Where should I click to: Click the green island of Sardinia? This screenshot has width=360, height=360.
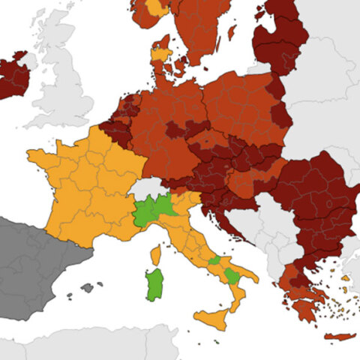[154, 284]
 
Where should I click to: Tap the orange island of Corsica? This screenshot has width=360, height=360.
[156, 256]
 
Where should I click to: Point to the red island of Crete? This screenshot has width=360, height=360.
[337, 336]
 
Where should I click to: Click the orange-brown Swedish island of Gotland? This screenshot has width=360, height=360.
[231, 33]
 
